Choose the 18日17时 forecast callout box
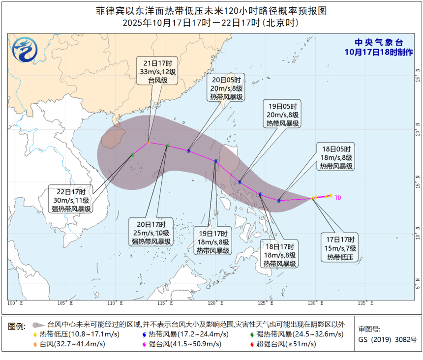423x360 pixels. coord(279,254)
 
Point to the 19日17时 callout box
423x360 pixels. coord(213,241)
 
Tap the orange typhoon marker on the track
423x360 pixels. coord(149,143)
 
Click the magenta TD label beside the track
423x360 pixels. coord(338,198)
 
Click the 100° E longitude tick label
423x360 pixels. coord(15,303)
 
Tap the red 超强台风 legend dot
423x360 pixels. coord(252,344)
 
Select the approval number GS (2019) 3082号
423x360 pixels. coord(387,339)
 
